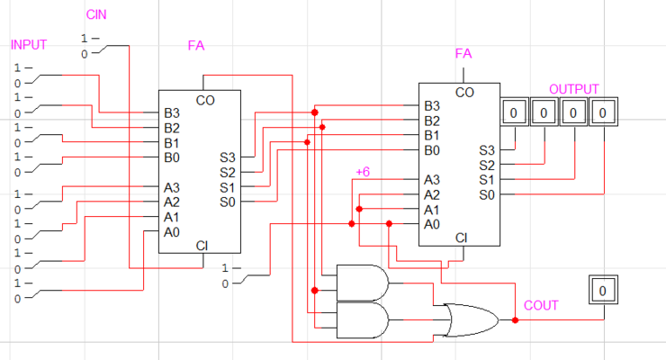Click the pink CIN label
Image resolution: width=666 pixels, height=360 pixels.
point(96,15)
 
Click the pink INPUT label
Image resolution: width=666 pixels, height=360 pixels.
point(29,45)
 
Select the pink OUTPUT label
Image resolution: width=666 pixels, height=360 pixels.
point(573,90)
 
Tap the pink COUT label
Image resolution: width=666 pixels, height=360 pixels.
point(541,306)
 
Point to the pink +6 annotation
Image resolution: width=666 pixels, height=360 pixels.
point(363,171)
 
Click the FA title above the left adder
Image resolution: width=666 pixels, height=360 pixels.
point(196,45)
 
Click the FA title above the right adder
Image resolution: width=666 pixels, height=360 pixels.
point(463,54)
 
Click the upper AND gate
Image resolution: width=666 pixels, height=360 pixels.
point(363,281)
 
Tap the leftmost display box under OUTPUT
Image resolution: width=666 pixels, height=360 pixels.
point(513,113)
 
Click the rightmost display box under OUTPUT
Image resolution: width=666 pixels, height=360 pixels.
point(604,113)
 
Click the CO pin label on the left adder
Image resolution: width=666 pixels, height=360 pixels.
point(204,99)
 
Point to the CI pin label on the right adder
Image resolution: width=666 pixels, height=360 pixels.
point(462,238)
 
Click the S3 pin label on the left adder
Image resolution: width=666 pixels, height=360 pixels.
point(228,157)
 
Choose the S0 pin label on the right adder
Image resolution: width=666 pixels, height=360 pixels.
point(486,194)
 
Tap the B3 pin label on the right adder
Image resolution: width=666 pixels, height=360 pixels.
point(432,106)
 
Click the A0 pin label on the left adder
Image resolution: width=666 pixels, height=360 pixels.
point(171,232)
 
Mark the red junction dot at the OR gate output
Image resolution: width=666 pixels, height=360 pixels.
point(516,319)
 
